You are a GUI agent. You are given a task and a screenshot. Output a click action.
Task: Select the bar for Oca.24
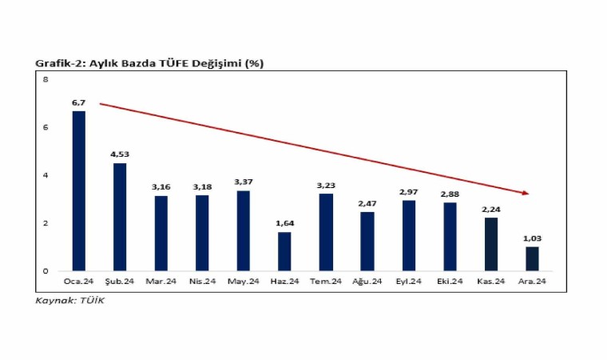(x=78, y=190)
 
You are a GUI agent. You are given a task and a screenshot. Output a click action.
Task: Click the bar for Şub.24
(x=120, y=217)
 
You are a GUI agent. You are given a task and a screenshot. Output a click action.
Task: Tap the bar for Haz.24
(x=284, y=251)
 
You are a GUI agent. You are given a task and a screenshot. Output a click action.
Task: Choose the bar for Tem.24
(x=326, y=232)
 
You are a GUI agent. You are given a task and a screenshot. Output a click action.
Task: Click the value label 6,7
(x=78, y=103)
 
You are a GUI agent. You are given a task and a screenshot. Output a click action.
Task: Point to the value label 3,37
(x=243, y=182)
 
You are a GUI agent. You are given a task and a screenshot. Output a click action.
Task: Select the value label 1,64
(x=284, y=224)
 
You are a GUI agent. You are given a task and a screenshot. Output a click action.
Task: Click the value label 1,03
(x=531, y=238)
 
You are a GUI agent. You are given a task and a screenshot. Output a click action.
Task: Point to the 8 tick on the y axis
(x=46, y=79)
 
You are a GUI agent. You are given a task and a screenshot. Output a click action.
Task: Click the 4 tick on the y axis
(x=46, y=175)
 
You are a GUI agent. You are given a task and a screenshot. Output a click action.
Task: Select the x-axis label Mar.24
(x=161, y=282)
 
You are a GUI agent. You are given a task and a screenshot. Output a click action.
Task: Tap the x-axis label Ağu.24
(x=367, y=282)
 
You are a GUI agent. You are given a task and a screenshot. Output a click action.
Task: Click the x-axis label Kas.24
(x=490, y=282)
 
